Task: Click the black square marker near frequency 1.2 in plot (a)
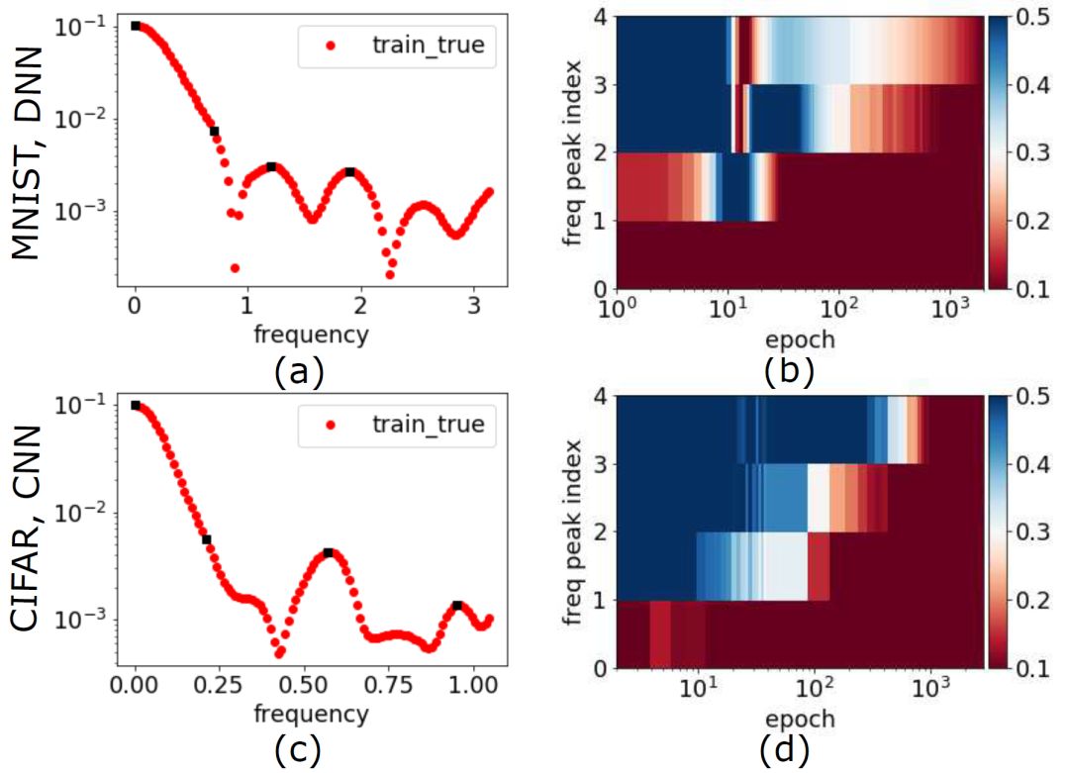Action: tap(271, 166)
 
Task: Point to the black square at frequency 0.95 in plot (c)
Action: tap(457, 605)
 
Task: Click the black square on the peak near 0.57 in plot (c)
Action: tap(328, 552)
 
